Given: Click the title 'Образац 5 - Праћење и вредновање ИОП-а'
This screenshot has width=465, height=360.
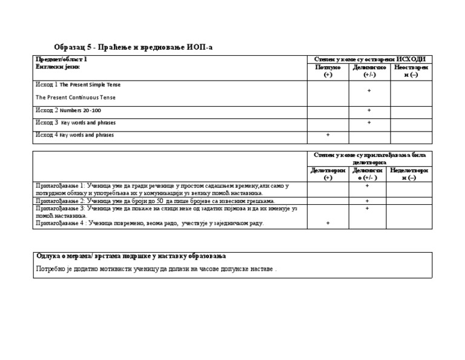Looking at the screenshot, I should (x=134, y=47).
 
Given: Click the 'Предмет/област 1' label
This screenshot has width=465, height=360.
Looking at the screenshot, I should (x=61, y=59).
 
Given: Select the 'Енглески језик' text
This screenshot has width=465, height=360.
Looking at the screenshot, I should (x=58, y=67).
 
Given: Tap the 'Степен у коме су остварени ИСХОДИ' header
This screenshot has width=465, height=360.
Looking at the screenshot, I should (x=369, y=59).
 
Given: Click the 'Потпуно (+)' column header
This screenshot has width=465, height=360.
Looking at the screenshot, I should (x=328, y=71).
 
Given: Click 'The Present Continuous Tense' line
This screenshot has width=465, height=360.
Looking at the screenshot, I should (x=76, y=97).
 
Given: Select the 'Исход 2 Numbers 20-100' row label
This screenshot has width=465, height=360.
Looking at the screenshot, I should (x=68, y=110).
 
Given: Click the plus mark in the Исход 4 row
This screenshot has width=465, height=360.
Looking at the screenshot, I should (x=328, y=135).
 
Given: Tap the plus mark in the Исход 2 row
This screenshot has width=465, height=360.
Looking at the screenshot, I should (x=369, y=110).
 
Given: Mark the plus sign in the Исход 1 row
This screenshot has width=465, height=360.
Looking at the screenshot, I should (x=369, y=91).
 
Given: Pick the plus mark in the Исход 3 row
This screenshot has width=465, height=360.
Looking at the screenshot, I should (x=369, y=122).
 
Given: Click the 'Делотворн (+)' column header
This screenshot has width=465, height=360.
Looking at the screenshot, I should (x=328, y=174).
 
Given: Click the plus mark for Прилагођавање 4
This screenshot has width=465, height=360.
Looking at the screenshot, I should (x=328, y=223).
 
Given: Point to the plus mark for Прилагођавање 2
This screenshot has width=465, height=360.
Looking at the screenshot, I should (x=367, y=201).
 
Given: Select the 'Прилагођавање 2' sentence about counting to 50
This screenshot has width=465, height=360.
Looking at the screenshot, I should (x=155, y=201).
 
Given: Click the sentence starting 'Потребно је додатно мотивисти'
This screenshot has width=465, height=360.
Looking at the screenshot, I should (x=156, y=268).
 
